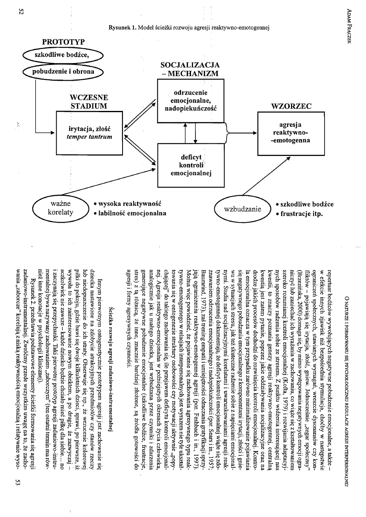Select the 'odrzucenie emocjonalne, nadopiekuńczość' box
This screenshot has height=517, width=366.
click(x=188, y=101)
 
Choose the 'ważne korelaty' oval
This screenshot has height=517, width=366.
click(x=60, y=208)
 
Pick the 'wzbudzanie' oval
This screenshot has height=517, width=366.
click(x=242, y=210)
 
